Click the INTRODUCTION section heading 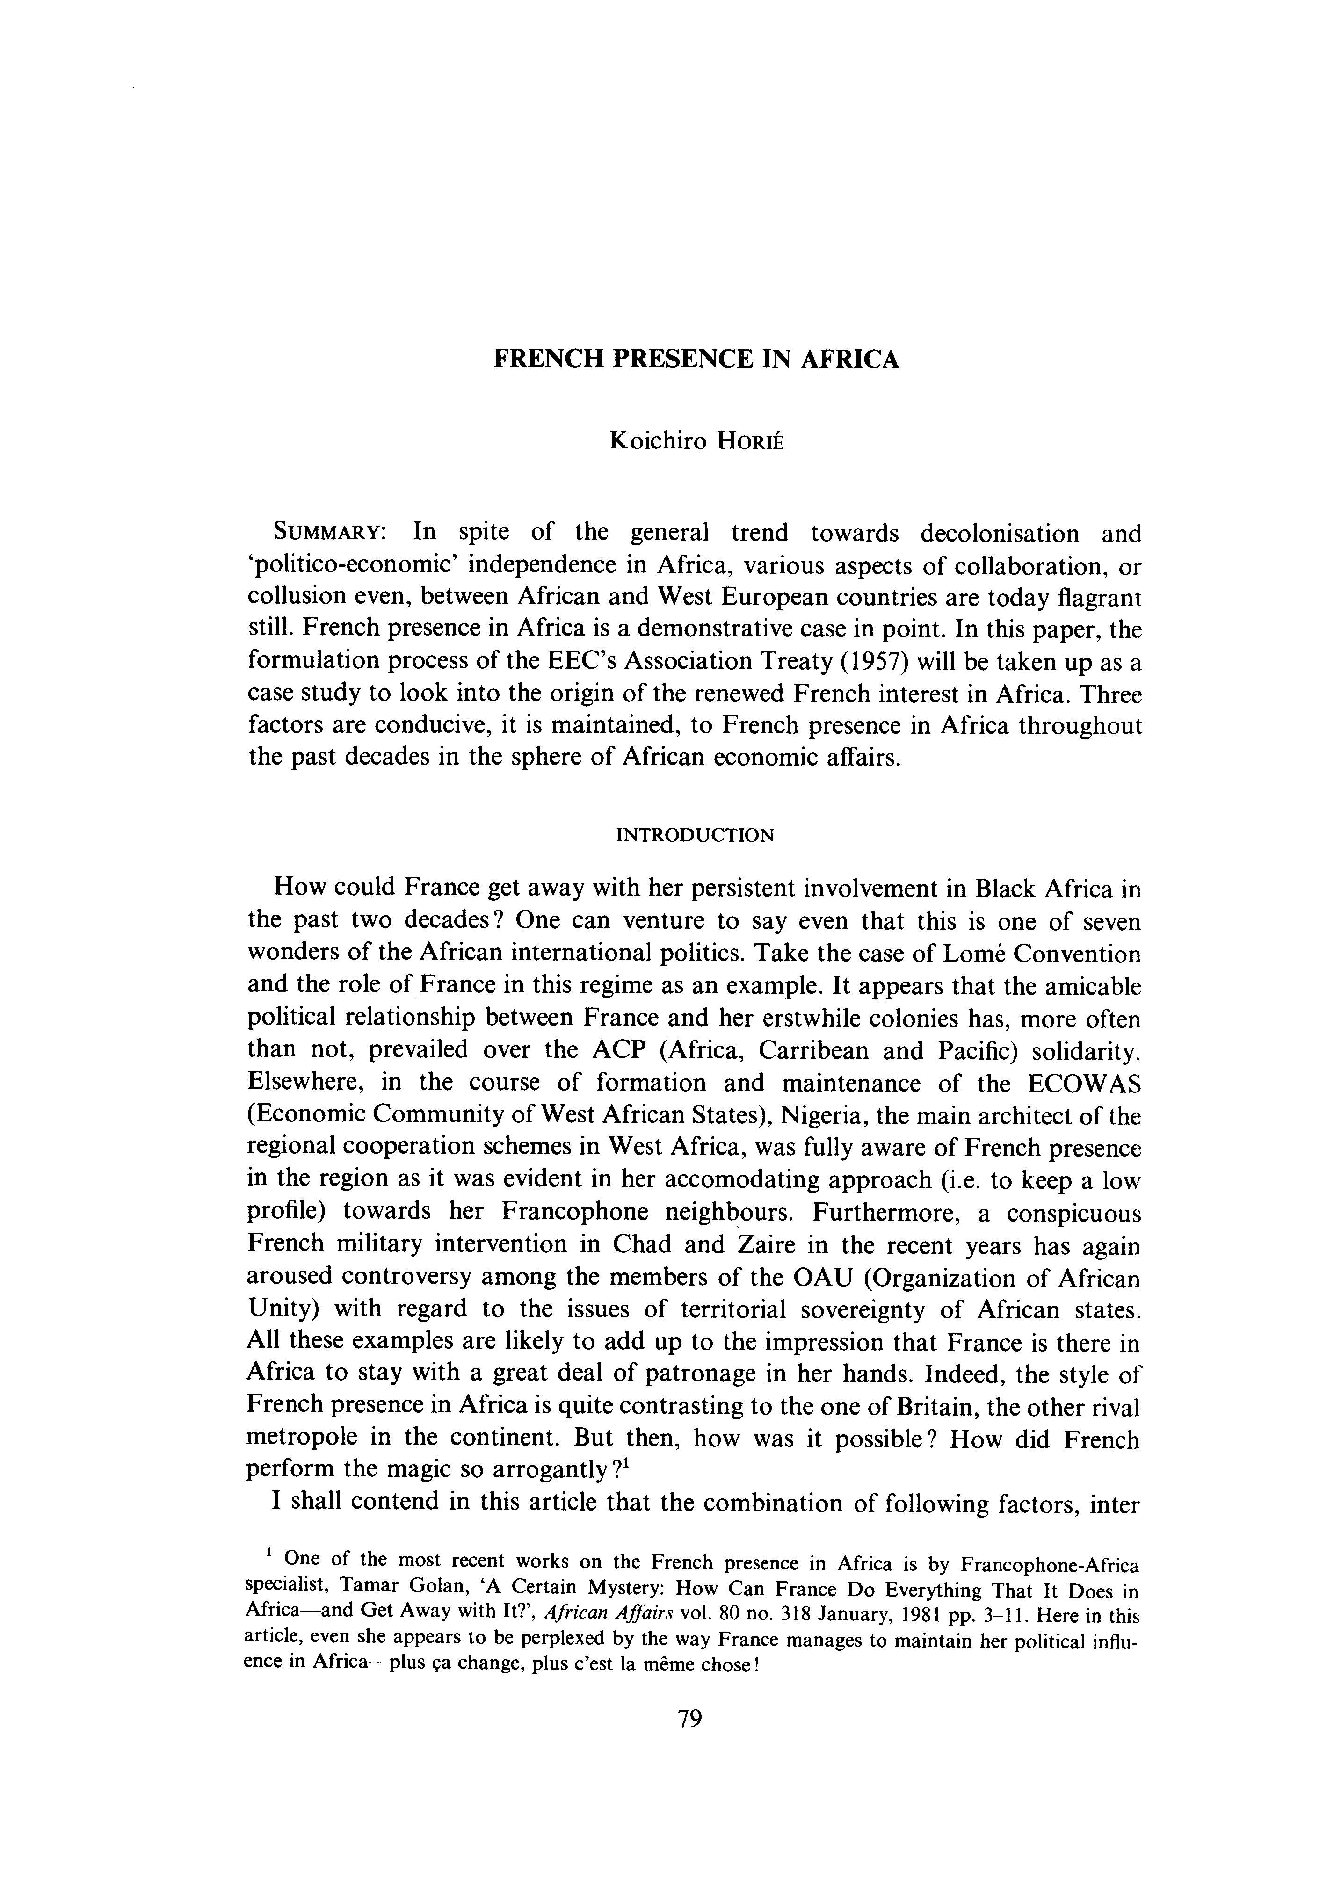pyautogui.click(x=695, y=836)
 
